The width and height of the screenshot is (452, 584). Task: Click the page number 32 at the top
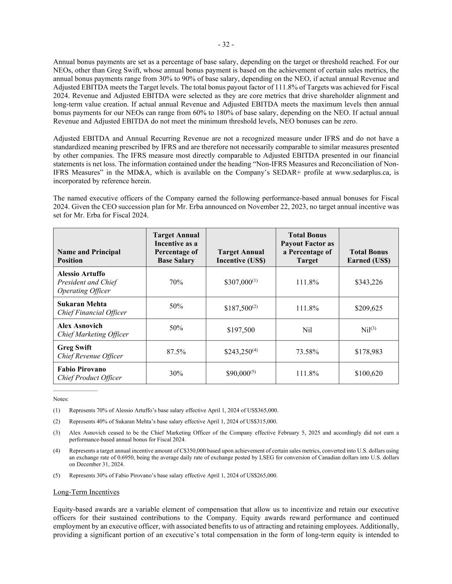click(226, 45)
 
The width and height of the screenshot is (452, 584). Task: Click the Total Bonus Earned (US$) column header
click(368, 256)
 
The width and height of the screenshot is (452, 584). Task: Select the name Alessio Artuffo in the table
click(81, 274)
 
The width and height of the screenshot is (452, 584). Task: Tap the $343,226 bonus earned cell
click(368, 282)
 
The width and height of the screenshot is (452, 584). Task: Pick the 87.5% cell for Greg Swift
click(176, 352)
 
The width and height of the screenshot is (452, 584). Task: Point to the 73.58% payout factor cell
click(307, 352)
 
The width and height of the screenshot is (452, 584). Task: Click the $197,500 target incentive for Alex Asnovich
click(240, 330)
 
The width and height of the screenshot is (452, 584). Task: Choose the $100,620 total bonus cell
click(368, 374)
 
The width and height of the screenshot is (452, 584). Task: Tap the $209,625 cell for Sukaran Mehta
click(368, 308)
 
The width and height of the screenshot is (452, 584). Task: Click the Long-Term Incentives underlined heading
click(86, 492)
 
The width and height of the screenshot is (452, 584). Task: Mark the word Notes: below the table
click(61, 399)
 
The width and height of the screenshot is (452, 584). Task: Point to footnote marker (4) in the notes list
click(57, 451)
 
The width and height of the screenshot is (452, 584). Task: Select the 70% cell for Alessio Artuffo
click(176, 282)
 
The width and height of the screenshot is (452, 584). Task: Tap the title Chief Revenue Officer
click(90, 356)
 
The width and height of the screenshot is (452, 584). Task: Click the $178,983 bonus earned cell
click(368, 352)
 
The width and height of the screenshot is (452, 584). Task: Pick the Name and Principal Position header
click(89, 256)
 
